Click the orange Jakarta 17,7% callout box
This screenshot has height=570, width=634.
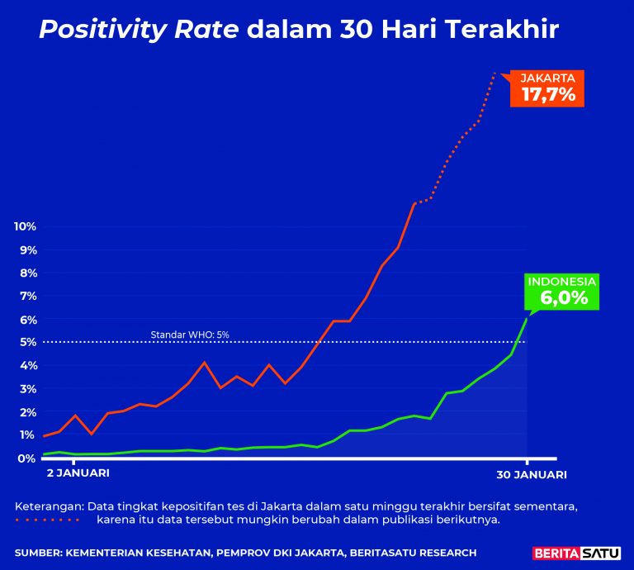point(547,88)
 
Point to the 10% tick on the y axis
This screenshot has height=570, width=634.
point(24,227)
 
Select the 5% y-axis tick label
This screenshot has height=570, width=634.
point(26,342)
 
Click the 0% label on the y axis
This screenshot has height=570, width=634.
point(26,458)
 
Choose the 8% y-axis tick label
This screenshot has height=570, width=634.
point(26,273)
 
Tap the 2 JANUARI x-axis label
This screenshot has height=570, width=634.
point(76,474)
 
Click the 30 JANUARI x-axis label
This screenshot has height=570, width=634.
point(531,474)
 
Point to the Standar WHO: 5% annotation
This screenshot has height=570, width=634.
point(190,335)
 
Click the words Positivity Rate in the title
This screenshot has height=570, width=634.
point(139,30)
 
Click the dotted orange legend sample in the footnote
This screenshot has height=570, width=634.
point(47,520)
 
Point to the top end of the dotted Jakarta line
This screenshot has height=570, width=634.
point(494,74)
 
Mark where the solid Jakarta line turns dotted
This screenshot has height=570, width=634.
point(414,203)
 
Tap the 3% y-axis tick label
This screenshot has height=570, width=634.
point(26,389)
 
